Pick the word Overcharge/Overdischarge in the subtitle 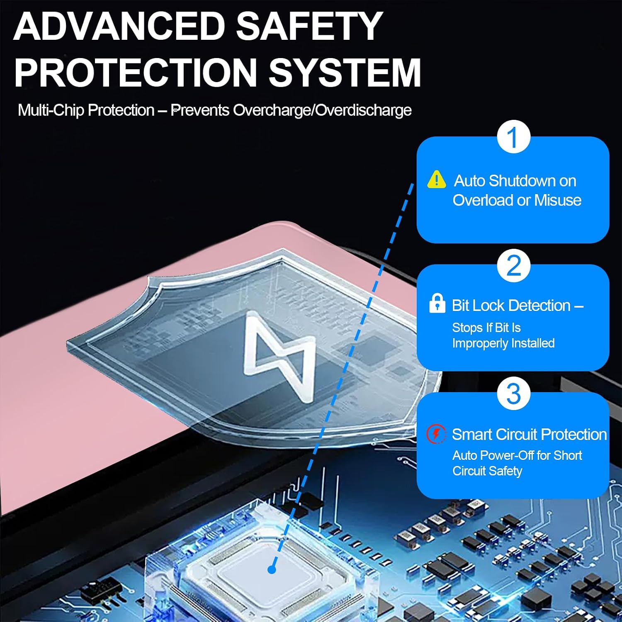pyautogui.click(x=322, y=110)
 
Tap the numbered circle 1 pyautogui.click(x=513, y=136)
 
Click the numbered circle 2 pyautogui.click(x=513, y=265)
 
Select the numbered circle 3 pyautogui.click(x=513, y=394)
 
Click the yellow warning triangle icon pyautogui.click(x=437, y=180)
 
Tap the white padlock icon pyautogui.click(x=437, y=303)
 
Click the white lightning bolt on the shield pyautogui.click(x=280, y=356)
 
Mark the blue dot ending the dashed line pyautogui.click(x=272, y=570)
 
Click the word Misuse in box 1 pyautogui.click(x=558, y=200)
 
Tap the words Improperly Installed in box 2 pyautogui.click(x=503, y=344)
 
